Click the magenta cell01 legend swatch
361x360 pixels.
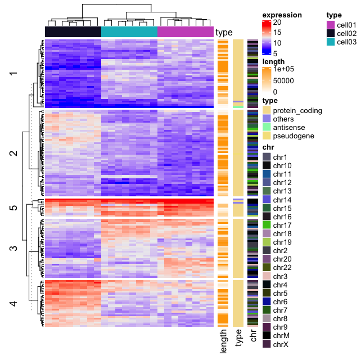331,25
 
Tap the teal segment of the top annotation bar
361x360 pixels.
129,31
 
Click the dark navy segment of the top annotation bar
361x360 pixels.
73,31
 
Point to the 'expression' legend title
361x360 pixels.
282,15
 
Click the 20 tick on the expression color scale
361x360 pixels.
277,22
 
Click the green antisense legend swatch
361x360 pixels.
267,127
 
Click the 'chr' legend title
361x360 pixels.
268,147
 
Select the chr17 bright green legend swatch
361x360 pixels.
267,225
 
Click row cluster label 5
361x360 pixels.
13,208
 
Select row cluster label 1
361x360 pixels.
13,74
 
